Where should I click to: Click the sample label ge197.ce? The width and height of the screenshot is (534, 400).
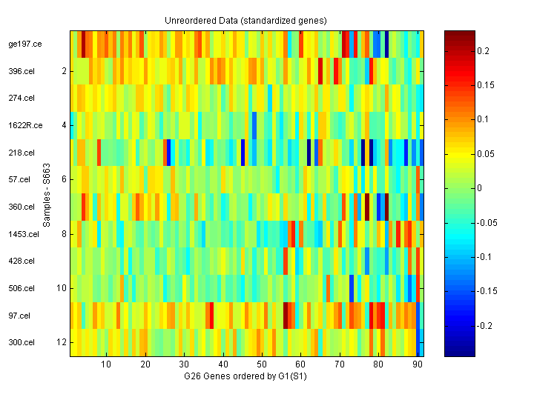25,44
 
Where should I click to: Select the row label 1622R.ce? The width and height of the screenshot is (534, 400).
25,125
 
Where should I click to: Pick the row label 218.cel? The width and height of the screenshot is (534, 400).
22,153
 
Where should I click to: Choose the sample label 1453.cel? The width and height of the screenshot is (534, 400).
24,234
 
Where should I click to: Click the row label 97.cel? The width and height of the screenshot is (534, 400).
20,316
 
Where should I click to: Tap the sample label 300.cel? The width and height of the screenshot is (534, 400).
22,342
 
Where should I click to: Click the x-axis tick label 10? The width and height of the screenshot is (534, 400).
106,365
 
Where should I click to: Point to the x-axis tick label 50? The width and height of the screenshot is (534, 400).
262,365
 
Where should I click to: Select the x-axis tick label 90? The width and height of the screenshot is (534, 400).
418,365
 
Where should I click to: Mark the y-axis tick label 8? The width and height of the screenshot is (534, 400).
64,234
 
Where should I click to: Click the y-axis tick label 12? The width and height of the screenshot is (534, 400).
62,342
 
